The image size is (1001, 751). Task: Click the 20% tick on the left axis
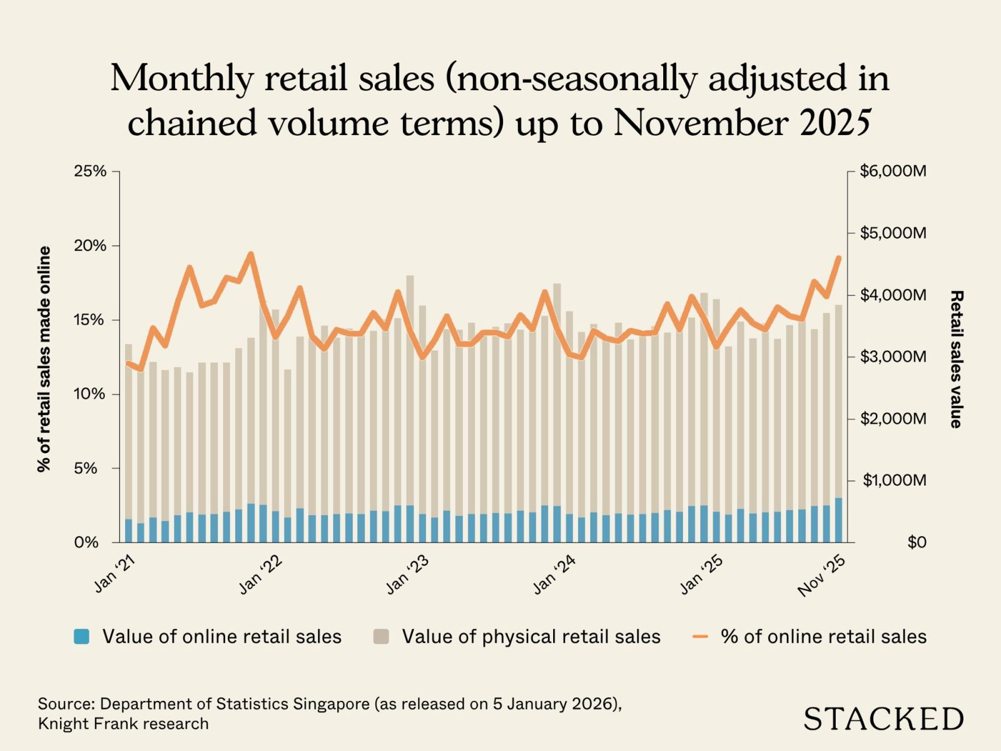(x=90, y=246)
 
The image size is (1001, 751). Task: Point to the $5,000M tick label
(x=893, y=233)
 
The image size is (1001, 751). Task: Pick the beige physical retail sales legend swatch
(x=381, y=636)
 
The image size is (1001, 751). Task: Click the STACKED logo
(x=883, y=719)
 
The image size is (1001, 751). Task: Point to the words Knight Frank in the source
(x=86, y=724)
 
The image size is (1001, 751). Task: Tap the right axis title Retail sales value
(x=955, y=359)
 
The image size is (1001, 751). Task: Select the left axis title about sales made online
(x=44, y=359)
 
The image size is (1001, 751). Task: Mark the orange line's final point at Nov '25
(x=839, y=257)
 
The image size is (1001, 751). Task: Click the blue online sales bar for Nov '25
(x=838, y=520)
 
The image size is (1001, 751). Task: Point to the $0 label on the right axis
(x=917, y=543)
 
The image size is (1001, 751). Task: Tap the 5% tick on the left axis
(x=86, y=469)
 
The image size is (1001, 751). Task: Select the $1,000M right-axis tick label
(x=894, y=481)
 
